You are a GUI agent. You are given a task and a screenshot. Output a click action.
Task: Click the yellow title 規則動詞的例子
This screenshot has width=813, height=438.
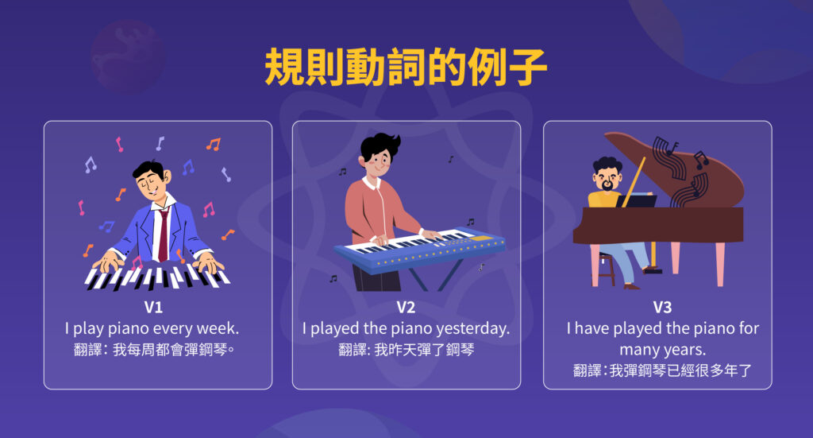tap(406, 69)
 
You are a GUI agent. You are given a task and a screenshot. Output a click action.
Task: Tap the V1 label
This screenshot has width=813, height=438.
tap(153, 307)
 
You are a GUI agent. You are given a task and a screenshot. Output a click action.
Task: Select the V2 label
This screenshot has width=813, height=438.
tap(406, 308)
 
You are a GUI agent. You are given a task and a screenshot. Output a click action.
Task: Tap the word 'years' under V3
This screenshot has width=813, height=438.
tap(687, 349)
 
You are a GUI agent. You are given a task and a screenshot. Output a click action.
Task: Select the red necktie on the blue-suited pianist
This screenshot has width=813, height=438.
tap(163, 235)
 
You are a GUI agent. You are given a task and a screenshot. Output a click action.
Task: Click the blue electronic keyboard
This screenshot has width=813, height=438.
tap(421, 246)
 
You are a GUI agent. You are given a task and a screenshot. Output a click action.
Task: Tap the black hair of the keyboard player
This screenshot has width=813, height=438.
tap(380, 147)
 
